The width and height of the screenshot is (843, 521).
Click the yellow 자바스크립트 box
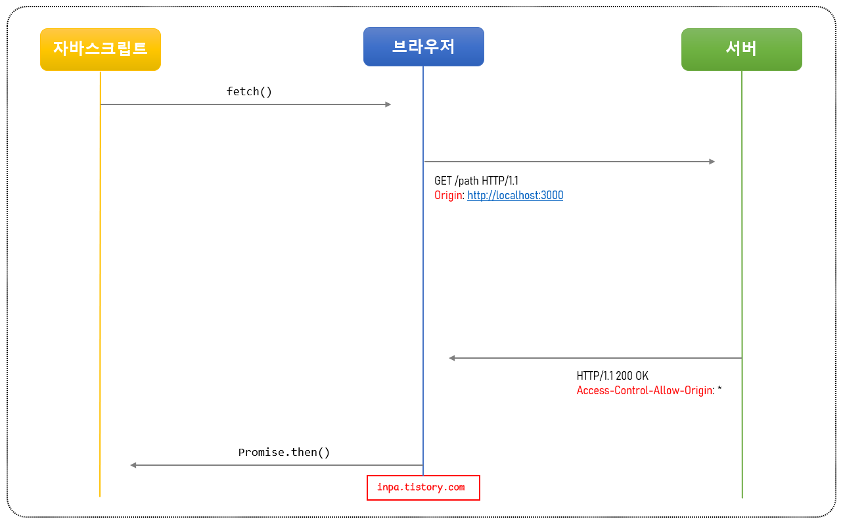pyautogui.click(x=100, y=49)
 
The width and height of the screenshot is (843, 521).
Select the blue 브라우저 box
pyautogui.click(x=423, y=47)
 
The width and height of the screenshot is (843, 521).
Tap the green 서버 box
pyautogui.click(x=741, y=49)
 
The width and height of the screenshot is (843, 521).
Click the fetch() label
pyautogui.click(x=249, y=91)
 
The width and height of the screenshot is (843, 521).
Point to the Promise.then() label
pyautogui.click(x=284, y=452)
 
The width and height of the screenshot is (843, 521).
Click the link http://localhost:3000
pyautogui.click(x=515, y=195)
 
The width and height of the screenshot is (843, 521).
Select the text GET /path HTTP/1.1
pyautogui.click(x=476, y=181)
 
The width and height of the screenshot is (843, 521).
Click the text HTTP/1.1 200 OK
pyautogui.click(x=612, y=376)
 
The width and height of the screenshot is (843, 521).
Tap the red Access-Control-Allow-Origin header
pyautogui.click(x=644, y=390)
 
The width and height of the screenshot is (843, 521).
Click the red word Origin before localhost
pyautogui.click(x=448, y=195)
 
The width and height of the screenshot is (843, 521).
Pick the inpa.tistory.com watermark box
pyautogui.click(x=423, y=487)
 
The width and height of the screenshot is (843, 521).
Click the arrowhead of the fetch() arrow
pyautogui.click(x=388, y=104)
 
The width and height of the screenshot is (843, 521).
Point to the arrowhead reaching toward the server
pyautogui.click(x=712, y=162)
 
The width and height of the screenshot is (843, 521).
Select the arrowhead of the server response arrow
pyautogui.click(x=452, y=358)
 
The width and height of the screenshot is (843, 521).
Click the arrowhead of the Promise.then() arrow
pyautogui.click(x=133, y=465)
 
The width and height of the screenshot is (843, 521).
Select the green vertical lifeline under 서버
pyautogui.click(x=742, y=263)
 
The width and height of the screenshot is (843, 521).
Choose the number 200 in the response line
pyautogui.click(x=624, y=376)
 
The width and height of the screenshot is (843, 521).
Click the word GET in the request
pyautogui.click(x=443, y=181)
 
